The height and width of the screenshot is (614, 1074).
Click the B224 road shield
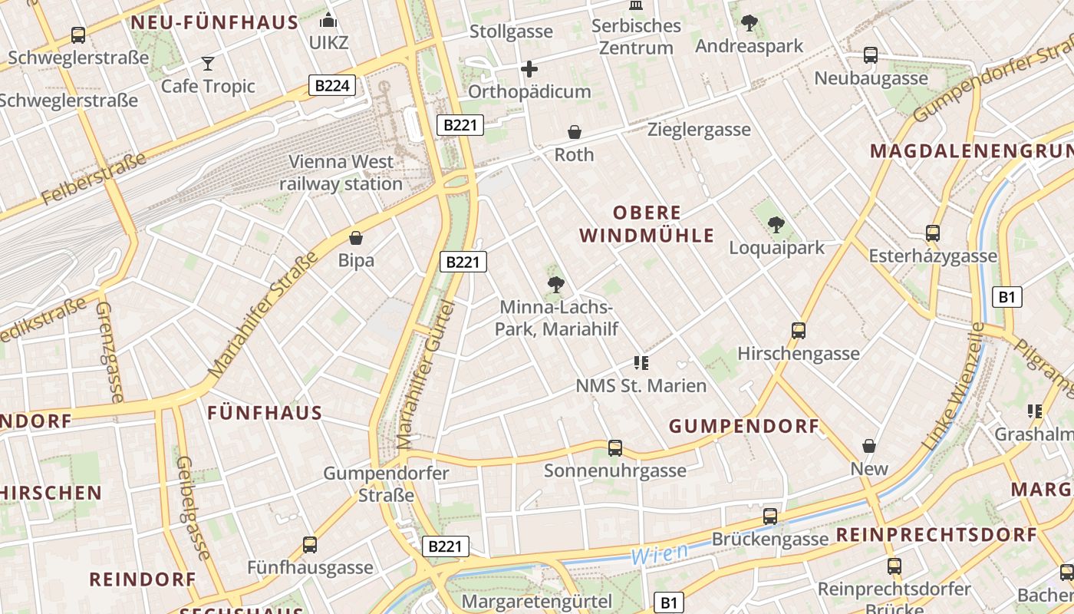[332, 85]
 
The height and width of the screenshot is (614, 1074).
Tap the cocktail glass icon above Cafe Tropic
[207, 63]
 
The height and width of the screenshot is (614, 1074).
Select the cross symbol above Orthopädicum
[529, 70]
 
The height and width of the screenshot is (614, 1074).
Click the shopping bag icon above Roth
[574, 132]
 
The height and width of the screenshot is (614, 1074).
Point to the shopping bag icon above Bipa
[356, 238]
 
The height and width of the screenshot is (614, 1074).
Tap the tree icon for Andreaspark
[749, 23]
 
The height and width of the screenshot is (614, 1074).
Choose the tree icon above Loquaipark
[776, 225]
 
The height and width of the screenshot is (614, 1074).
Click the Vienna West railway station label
[341, 173]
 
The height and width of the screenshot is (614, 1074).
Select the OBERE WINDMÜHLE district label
[647, 224]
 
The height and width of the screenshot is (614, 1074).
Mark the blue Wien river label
[659, 551]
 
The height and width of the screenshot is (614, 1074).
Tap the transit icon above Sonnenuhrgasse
[614, 447]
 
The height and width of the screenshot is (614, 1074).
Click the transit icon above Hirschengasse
[799, 331]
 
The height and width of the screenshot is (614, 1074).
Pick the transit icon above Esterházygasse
[933, 233]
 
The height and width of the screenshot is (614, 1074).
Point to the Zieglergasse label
[699, 129]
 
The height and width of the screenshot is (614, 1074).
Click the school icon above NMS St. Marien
[641, 362]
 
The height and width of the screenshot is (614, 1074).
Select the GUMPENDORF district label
[744, 426]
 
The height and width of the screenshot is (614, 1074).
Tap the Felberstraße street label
[94, 180]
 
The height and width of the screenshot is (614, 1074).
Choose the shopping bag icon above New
[869, 446]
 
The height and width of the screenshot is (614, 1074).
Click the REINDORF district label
[143, 579]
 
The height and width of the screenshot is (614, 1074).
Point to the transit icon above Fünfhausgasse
[310, 545]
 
